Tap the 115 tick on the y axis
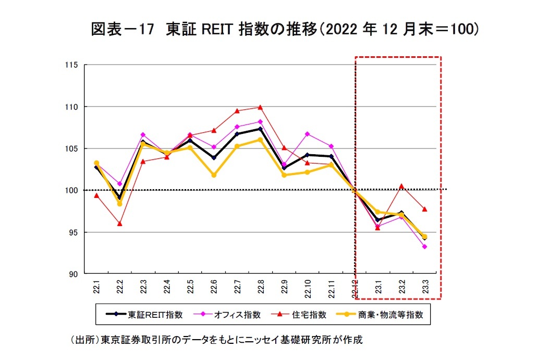(x=71, y=65)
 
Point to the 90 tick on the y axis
(x=74, y=274)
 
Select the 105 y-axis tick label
(x=71, y=148)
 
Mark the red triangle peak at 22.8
(x=260, y=107)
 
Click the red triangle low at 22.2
(x=120, y=224)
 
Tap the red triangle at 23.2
(x=401, y=185)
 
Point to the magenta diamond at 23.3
(x=424, y=246)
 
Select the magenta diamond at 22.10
(x=307, y=134)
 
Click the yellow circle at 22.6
(x=214, y=175)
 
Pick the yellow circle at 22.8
(x=260, y=140)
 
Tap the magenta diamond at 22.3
(x=143, y=135)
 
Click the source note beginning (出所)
(x=216, y=340)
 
